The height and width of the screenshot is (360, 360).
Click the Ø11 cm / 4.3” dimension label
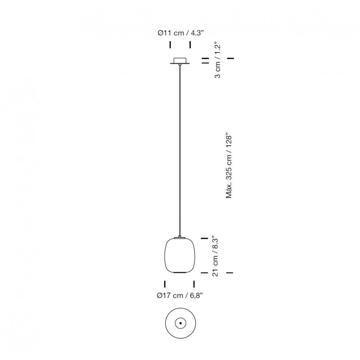pos(180,33)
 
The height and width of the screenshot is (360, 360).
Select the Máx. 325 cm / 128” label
pos(229,166)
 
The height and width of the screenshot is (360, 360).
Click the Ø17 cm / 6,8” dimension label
pos(180,296)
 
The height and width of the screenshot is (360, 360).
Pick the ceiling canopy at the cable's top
pos(180,61)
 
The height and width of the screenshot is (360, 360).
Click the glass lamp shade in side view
pos(180,255)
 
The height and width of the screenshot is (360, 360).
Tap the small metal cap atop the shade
pos(180,237)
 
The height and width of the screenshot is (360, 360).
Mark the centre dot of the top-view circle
pos(180,323)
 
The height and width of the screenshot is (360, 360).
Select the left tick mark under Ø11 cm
pos(170,45)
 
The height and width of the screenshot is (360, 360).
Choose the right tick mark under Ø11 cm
pos(190,45)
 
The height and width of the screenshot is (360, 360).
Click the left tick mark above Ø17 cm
pos(165,284)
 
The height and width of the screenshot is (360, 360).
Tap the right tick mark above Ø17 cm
pos(194,284)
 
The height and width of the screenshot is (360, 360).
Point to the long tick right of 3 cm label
pos(230,58)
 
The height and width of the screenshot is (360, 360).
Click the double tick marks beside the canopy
pos(205,61)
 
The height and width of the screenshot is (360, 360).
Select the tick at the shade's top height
pos(205,238)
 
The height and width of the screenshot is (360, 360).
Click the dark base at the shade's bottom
pos(180,272)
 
